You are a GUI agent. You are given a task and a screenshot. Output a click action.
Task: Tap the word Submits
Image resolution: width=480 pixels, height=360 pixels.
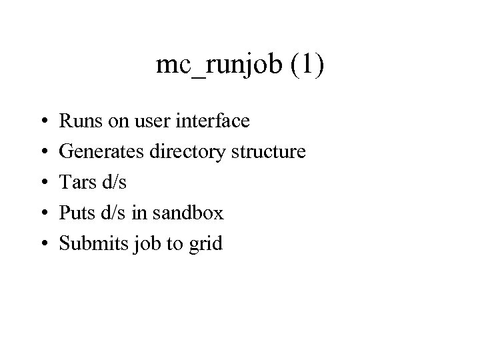click(x=87, y=244)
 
